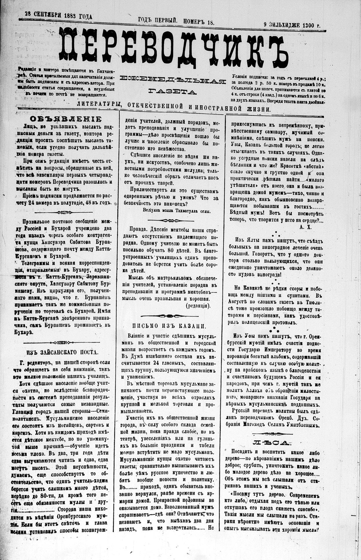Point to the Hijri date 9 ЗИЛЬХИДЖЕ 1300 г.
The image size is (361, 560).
coord(292,25)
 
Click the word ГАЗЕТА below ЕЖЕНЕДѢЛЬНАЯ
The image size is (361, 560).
coord(173,92)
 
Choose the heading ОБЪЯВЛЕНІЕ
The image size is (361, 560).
coord(66,119)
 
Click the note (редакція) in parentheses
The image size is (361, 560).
coord(198,305)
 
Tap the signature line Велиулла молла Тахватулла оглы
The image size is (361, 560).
coord(177,211)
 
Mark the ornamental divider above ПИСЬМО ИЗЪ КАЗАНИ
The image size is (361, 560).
coord(170,315)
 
